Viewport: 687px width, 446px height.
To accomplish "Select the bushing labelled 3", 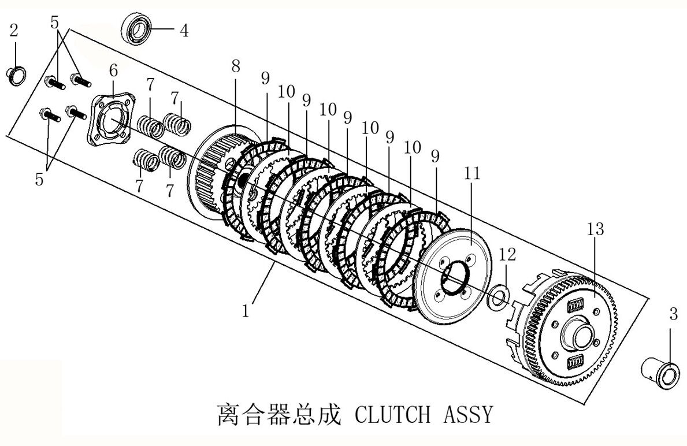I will (x=660, y=372).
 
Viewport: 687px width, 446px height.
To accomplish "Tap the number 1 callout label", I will (x=246, y=311).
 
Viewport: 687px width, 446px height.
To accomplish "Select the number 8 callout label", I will (x=235, y=66).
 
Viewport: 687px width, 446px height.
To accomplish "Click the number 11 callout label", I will (x=471, y=173).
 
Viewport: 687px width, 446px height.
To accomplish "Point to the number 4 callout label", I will (x=183, y=30).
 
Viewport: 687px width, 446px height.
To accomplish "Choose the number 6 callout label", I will (x=113, y=70).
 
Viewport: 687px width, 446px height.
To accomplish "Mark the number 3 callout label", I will (x=673, y=315).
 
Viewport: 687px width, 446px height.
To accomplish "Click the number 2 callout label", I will (x=14, y=31).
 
